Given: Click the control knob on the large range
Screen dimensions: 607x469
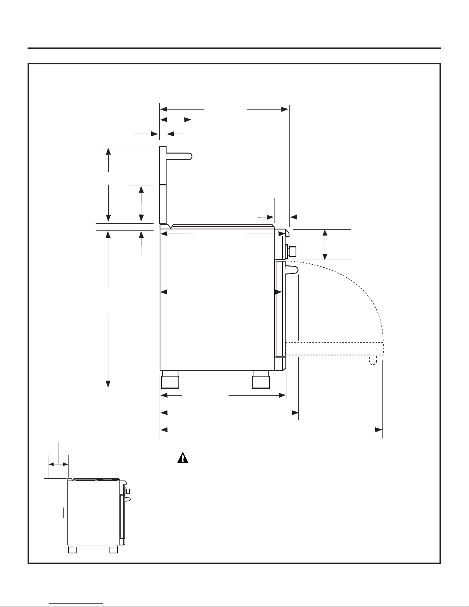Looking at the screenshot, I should click(x=293, y=251).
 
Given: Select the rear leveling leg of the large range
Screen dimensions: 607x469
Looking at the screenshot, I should click(x=170, y=380).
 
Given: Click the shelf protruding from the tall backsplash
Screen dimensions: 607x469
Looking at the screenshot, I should click(x=179, y=156).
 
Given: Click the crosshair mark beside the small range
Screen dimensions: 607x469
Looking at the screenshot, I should click(x=65, y=513).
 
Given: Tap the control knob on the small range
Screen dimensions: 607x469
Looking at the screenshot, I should click(x=128, y=491).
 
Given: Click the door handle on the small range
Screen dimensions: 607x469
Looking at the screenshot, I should click(x=128, y=499).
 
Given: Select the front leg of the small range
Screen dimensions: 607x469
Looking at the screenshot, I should click(x=113, y=550).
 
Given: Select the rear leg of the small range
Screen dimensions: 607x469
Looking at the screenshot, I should click(x=72, y=550).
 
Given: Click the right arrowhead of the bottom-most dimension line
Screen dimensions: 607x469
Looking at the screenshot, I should click(x=379, y=430).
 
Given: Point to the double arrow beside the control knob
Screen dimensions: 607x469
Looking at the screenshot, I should click(x=325, y=244).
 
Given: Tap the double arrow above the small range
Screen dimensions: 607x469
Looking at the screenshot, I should click(x=59, y=464).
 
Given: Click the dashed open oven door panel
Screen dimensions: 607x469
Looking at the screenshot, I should click(x=334, y=349).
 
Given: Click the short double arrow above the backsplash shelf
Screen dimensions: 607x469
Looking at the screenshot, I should click(x=176, y=120).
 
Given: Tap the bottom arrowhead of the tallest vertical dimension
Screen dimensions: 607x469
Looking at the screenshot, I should click(x=108, y=384).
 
